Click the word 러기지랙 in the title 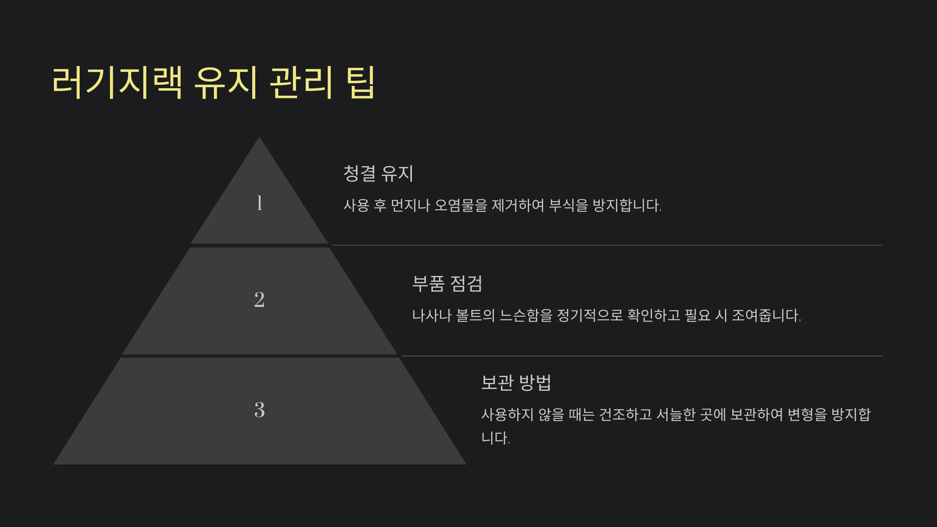pyautogui.click(x=117, y=82)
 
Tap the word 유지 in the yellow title pyautogui.click(x=226, y=82)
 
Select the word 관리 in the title pyautogui.click(x=301, y=82)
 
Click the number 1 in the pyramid pyautogui.click(x=259, y=203)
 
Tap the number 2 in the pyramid pyautogui.click(x=259, y=300)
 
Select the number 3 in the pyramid pyautogui.click(x=259, y=410)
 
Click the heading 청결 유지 pyautogui.click(x=378, y=173)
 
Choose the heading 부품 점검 pyautogui.click(x=447, y=283)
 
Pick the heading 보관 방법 pyautogui.click(x=516, y=383)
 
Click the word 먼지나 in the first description pyautogui.click(x=410, y=205)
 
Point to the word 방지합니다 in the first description pyautogui.click(x=627, y=205)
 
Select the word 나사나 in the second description pyautogui.click(x=432, y=315)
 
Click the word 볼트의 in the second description pyautogui.click(x=476, y=315)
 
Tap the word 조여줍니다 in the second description pyautogui.click(x=766, y=315)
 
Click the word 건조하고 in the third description pyautogui.click(x=625, y=415)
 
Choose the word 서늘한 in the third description pyautogui.click(x=676, y=415)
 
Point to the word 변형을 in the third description pyautogui.click(x=807, y=415)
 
